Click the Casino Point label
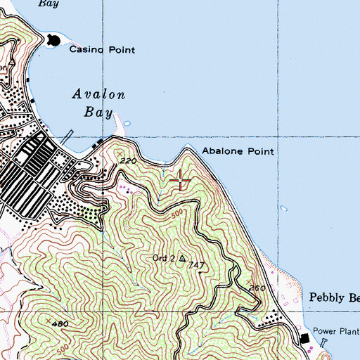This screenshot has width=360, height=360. point(101,50)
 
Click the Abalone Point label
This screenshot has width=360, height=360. point(238,151)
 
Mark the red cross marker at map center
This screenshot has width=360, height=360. point(181,181)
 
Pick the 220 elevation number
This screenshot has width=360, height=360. point(128,161)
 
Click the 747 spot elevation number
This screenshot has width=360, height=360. point(197,266)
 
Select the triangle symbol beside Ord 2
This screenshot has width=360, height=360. point(182,259)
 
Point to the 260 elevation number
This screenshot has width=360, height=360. point(257,288)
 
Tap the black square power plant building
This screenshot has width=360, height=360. point(305,339)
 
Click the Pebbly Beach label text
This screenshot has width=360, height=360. point(334,298)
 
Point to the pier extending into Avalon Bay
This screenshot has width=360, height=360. point(66,137)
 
